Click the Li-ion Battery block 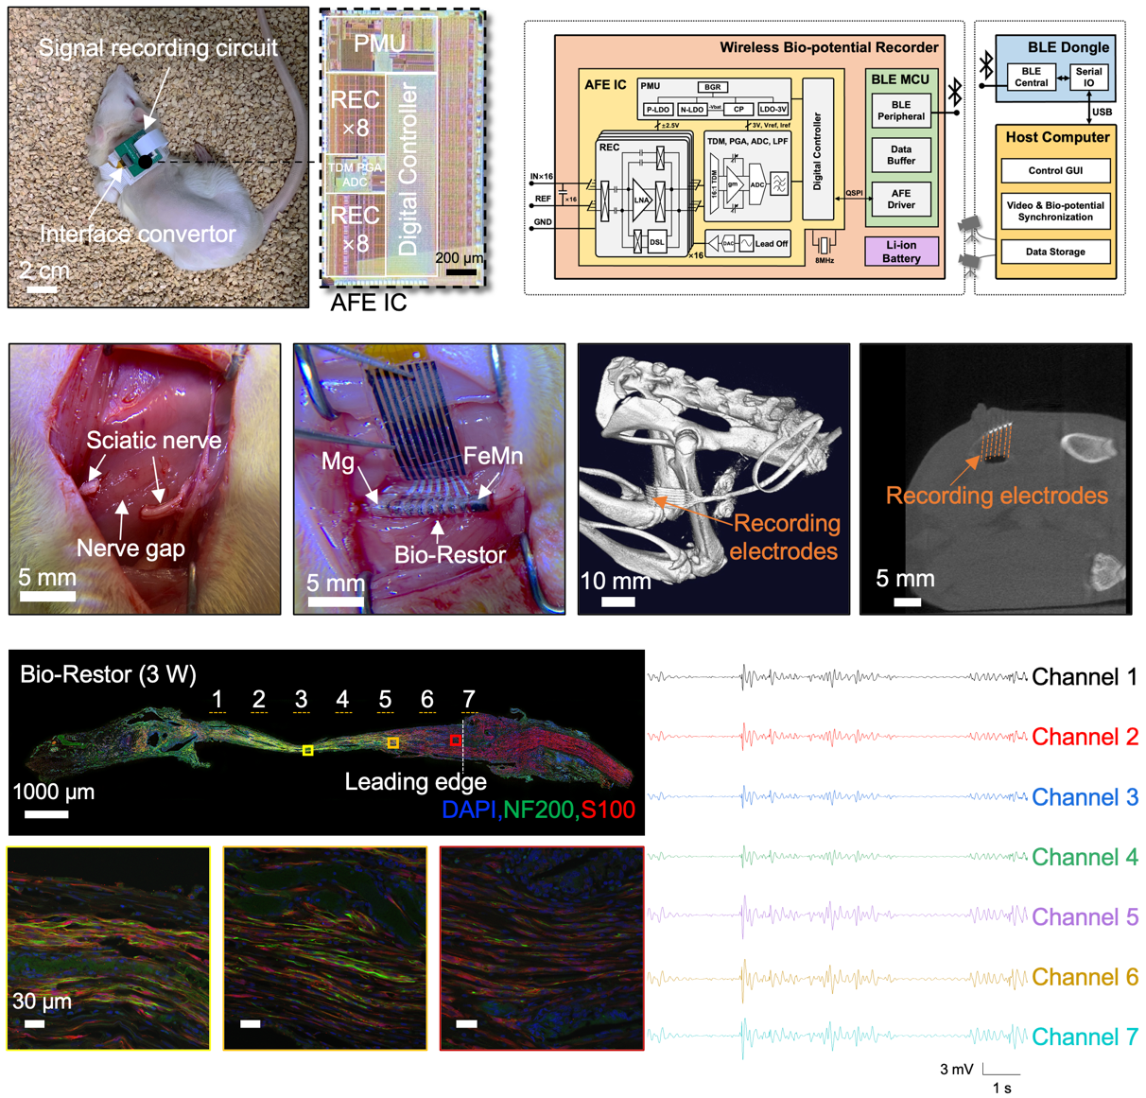901,252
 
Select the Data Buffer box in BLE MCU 901,155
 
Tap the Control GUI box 1055,171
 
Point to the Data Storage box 1055,252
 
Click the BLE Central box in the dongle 1031,77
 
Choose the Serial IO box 1088,77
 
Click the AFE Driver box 901,199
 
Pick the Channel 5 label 1085,917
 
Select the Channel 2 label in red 1085,737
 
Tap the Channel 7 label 1085,1037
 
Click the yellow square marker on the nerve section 307,750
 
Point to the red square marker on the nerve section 455,741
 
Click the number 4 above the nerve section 342,699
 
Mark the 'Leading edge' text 415,782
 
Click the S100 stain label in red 607,810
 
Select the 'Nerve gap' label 130,549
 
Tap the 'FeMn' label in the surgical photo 493,456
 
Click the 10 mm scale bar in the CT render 618,601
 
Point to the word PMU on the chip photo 379,44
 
